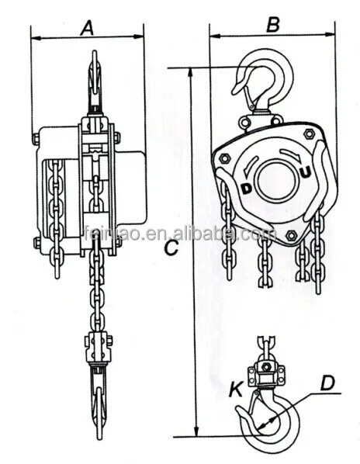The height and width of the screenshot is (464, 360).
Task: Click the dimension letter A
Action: point(88,28)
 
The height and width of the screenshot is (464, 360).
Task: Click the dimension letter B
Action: point(272,25)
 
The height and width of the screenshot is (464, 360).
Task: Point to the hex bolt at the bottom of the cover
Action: point(290,235)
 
